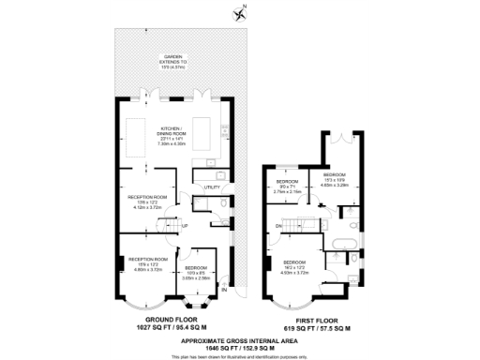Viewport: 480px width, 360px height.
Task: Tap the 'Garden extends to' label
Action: [x=172, y=61]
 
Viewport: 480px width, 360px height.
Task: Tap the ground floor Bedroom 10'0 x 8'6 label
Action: [x=196, y=274]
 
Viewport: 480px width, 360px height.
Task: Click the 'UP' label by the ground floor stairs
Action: [x=185, y=226]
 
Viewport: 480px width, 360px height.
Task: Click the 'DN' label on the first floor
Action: [x=279, y=226]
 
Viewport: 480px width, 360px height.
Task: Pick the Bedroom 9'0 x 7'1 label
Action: [x=287, y=186]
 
